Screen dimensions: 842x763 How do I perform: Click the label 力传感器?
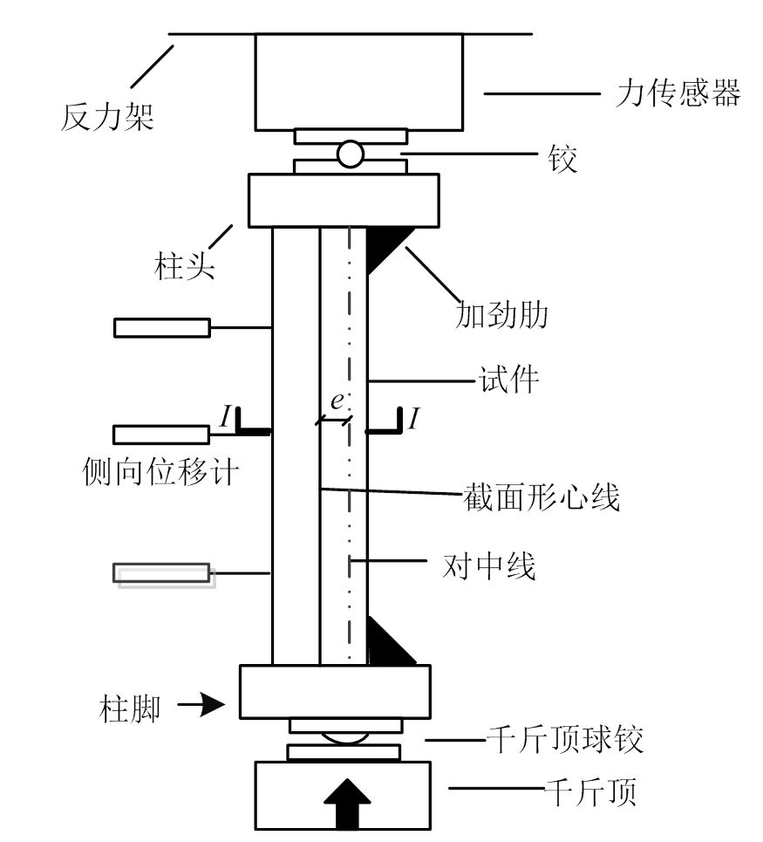click(x=678, y=92)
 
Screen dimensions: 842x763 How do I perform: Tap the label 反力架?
click(x=107, y=116)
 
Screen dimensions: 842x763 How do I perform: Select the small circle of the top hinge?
click(x=351, y=154)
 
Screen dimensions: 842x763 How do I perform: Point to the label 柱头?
click(x=183, y=264)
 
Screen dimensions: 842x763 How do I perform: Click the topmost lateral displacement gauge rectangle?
click(x=162, y=327)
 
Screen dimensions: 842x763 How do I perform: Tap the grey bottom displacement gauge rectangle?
click(x=162, y=573)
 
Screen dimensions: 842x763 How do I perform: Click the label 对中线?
click(x=489, y=567)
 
